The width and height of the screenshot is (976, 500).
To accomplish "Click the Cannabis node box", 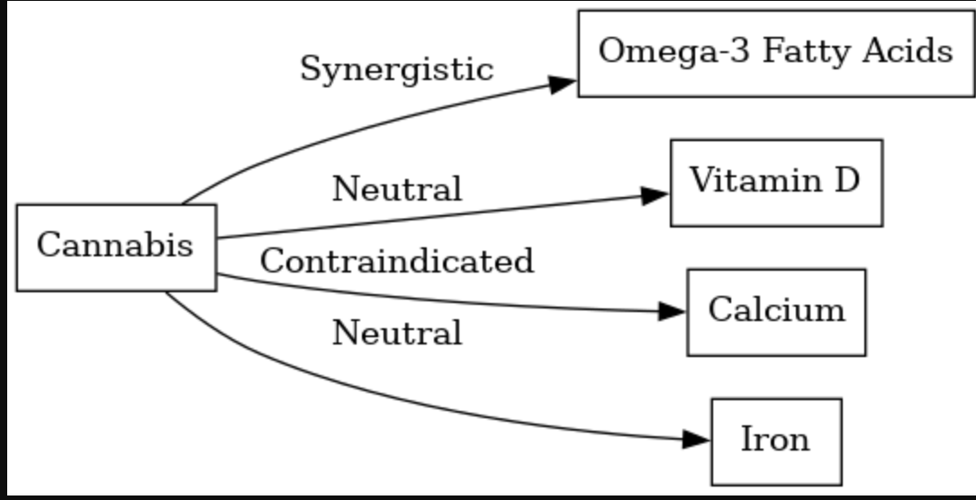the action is [x=116, y=247].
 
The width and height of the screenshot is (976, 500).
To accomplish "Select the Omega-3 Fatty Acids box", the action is [x=776, y=53].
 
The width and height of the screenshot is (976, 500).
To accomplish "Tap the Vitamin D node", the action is [x=776, y=183].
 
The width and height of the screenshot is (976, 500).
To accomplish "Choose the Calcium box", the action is [x=776, y=312].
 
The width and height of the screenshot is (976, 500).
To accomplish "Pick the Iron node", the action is [x=776, y=442].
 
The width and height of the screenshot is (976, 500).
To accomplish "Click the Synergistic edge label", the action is [x=397, y=68].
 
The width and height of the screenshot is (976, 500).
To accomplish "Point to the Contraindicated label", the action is [x=397, y=261].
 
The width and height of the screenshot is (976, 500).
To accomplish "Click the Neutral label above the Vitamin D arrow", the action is [x=397, y=189].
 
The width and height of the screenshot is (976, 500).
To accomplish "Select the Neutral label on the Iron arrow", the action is [x=397, y=333].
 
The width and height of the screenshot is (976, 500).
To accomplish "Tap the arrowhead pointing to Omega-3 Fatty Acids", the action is [x=563, y=84].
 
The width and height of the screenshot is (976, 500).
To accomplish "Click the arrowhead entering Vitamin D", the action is [x=655, y=195].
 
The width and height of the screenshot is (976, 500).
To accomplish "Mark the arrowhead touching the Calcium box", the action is [x=672, y=311].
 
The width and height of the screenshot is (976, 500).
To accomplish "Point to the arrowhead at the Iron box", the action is [x=696, y=440].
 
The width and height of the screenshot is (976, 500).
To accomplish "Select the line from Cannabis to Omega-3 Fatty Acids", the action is [x=348, y=130].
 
